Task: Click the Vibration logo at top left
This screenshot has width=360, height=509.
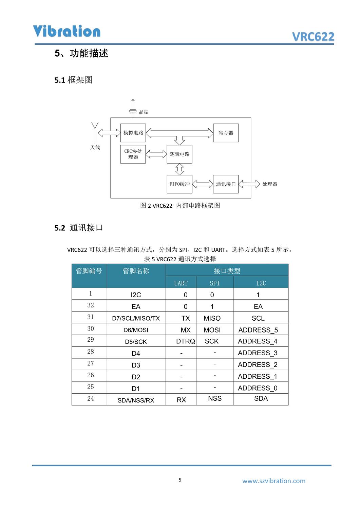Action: tap(67, 31)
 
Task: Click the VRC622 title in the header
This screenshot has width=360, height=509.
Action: tap(313, 37)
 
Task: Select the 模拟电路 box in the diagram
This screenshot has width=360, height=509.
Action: tap(133, 133)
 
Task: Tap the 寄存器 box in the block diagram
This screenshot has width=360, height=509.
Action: tap(226, 133)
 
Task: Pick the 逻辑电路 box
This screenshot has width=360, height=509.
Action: tap(179, 154)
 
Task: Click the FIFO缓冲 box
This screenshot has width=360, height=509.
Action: tap(179, 184)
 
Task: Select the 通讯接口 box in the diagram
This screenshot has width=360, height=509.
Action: tap(226, 184)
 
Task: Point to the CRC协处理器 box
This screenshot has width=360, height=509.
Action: tap(133, 154)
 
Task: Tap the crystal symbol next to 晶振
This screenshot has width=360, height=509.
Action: tap(133, 109)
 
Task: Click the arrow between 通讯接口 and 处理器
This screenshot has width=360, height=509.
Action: tap(249, 184)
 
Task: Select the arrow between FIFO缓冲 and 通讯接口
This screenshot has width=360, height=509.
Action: tap(203, 184)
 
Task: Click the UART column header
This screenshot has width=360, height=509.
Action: tap(181, 283)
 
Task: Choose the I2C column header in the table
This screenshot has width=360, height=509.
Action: tap(261, 283)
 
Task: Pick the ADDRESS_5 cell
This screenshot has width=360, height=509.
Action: tap(258, 330)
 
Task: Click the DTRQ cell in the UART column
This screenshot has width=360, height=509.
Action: tap(185, 341)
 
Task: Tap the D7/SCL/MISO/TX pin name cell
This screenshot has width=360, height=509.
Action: tap(136, 318)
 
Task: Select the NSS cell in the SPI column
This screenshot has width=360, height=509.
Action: tap(215, 398)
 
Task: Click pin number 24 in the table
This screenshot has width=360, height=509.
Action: tap(91, 399)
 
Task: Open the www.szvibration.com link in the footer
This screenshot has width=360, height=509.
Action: tap(273, 481)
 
